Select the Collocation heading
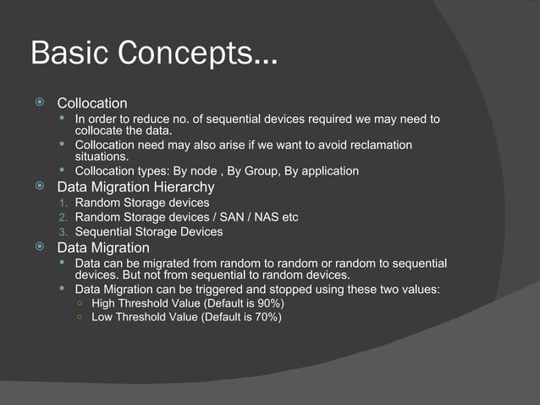coord(91,103)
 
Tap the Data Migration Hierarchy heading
coord(135,186)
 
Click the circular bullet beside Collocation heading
coord(39,103)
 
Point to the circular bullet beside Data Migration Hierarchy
coord(39,186)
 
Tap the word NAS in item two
coord(263,218)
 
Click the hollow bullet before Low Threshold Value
coord(80,318)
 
